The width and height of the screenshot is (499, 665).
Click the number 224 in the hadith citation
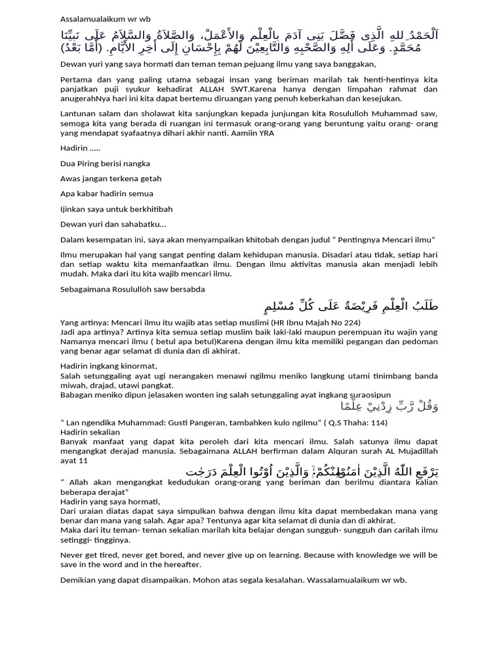pyautogui.click(x=350, y=322)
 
